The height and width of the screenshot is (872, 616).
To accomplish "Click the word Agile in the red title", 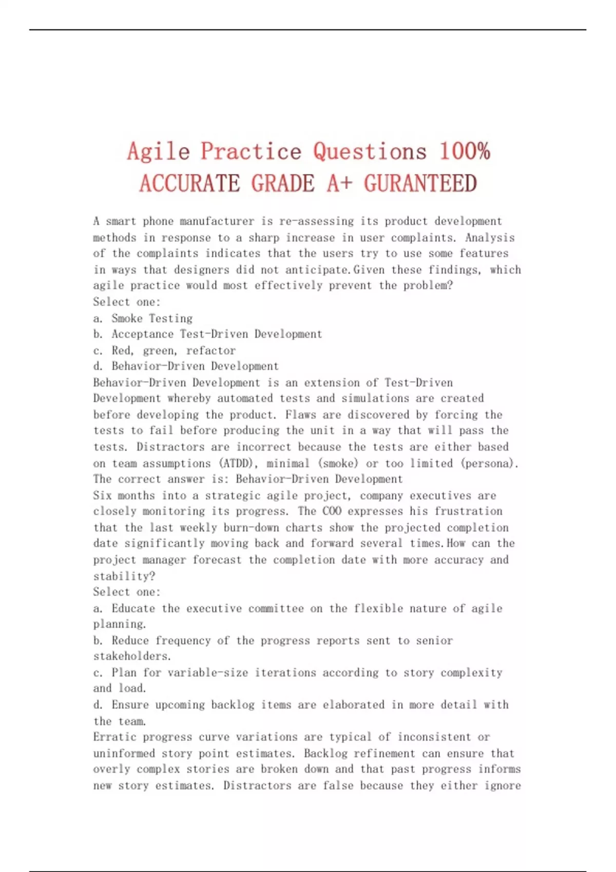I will tap(159, 152).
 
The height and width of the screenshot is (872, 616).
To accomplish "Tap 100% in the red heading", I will tap(465, 151).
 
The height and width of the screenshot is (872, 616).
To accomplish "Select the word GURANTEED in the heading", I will tap(420, 184).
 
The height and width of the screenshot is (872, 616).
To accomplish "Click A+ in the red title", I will tap(339, 184).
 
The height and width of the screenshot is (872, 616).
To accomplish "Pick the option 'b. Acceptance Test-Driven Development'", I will tap(207, 334).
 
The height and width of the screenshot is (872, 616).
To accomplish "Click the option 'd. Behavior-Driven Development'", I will tap(186, 366).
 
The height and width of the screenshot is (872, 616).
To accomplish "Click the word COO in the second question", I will tap(332, 511).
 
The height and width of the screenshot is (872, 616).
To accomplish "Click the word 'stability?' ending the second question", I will tap(124, 576).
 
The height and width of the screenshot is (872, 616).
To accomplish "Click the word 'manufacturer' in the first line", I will tap(217, 222).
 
